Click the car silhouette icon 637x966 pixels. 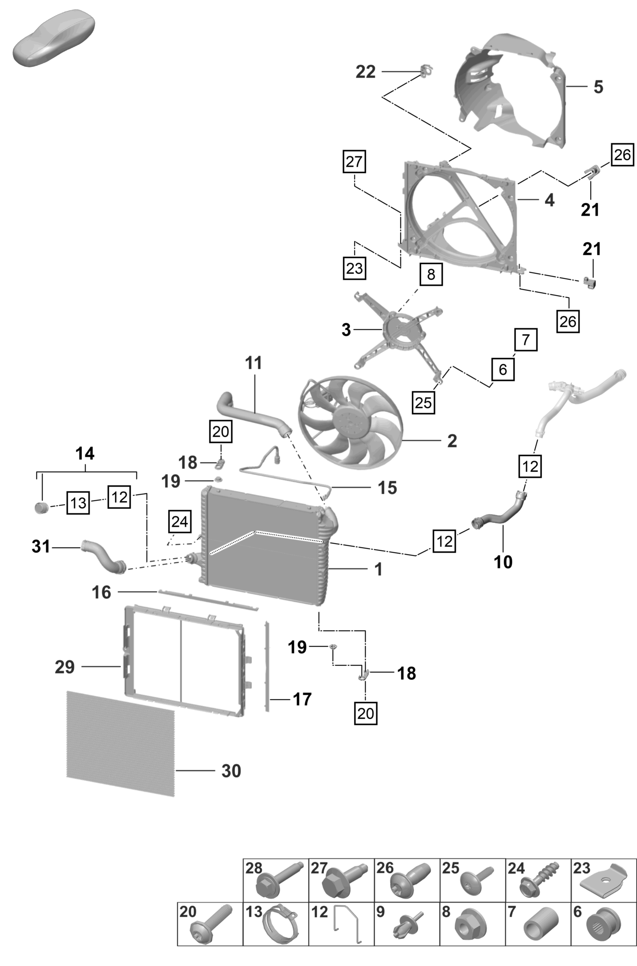[x=53, y=39]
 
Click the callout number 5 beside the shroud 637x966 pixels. [x=598, y=87]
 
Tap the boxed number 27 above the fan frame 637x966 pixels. [x=354, y=161]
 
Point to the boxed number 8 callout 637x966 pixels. [x=431, y=274]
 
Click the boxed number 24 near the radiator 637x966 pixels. [x=179, y=522]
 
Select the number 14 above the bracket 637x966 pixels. [x=85, y=453]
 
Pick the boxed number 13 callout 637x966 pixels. [x=78, y=502]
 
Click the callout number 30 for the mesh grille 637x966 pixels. [x=231, y=771]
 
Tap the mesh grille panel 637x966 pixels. [x=121, y=743]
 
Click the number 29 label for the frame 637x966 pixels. [x=65, y=667]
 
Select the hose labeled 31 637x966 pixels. [x=104, y=556]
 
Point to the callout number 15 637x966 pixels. [x=387, y=488]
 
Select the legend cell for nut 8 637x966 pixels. [x=472, y=924]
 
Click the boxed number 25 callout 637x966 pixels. [x=423, y=403]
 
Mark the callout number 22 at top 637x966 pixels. [x=366, y=72]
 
